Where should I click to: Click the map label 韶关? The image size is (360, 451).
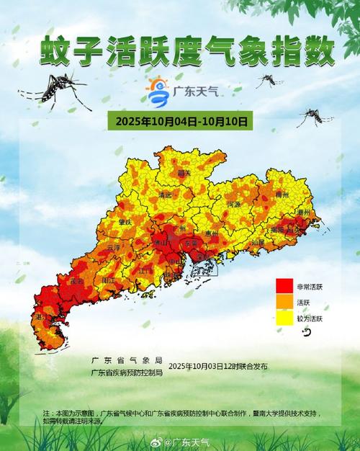point(184,173)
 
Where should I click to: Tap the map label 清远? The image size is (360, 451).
point(166,195)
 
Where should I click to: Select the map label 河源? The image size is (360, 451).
point(234,205)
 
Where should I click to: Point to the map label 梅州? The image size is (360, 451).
point(282,195)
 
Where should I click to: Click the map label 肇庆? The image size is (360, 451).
point(127,222)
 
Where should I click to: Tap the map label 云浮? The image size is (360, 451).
point(112,247)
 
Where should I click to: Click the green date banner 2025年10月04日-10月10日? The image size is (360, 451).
point(179,122)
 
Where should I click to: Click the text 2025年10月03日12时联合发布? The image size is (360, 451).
point(217,367)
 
